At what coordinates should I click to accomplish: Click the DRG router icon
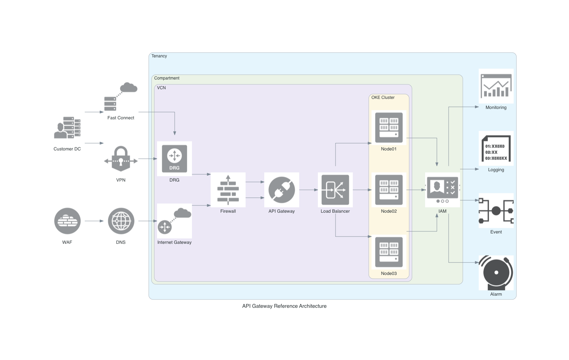point(174,158)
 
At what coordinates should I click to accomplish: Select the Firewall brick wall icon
point(228,190)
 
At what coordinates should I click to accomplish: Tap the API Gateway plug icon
point(282,190)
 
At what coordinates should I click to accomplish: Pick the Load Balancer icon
point(335,190)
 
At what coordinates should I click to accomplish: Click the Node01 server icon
point(389,127)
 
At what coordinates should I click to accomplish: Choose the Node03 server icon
point(389,252)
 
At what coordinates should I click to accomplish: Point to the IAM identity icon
point(442,190)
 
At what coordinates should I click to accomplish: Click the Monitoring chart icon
point(496,86)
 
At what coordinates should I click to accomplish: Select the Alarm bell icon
point(496,273)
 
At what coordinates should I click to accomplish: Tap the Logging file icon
point(496,148)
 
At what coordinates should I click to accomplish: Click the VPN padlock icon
point(121,158)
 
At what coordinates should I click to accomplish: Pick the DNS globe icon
point(121,221)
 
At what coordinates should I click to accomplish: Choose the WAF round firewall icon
point(67,221)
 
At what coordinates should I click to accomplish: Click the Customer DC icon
point(67,127)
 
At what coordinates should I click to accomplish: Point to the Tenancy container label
point(159,56)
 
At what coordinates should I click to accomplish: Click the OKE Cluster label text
point(383,98)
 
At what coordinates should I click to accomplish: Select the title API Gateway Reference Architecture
point(284,306)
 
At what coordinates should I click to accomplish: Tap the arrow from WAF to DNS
point(94,221)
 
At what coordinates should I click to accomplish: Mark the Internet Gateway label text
point(174,242)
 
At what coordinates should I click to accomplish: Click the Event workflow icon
point(496,210)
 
